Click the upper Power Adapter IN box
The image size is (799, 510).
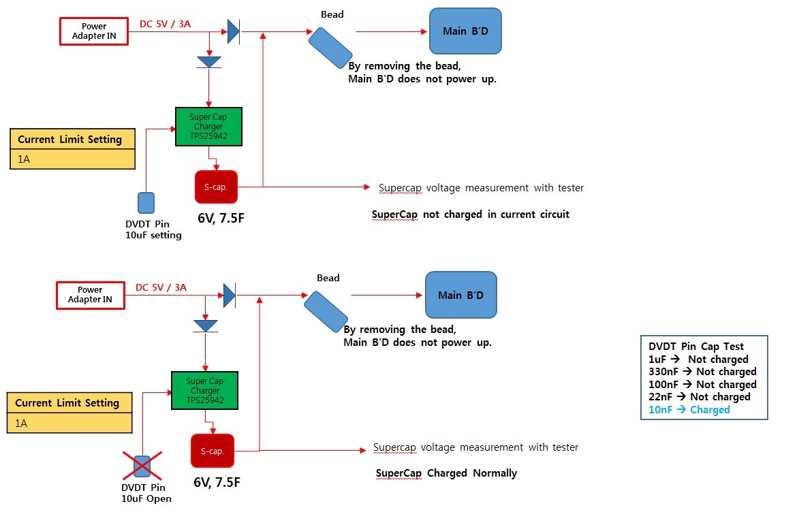click(x=94, y=31)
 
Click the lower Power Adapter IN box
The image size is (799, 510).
click(x=90, y=295)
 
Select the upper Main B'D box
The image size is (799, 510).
click(x=465, y=31)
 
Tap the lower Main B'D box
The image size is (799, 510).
click(x=460, y=295)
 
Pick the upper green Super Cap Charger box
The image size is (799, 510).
click(x=208, y=126)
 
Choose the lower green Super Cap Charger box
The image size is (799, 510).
click(x=204, y=390)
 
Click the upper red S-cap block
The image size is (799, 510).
click(x=216, y=187)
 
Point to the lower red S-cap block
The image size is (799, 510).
click(x=212, y=451)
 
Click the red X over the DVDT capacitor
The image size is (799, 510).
click(x=142, y=466)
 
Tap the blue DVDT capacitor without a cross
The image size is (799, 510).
click(x=146, y=203)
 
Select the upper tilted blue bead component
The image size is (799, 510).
click(x=330, y=48)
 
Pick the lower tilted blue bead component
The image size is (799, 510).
click(x=326, y=311)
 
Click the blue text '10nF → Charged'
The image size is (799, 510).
click(x=689, y=410)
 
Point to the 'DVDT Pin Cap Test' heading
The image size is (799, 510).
click(x=696, y=347)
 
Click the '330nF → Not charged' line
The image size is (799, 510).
click(x=702, y=372)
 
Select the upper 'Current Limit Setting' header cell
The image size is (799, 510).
click(x=70, y=140)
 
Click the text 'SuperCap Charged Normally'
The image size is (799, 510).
click(x=446, y=473)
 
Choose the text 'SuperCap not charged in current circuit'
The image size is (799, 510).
click(x=470, y=214)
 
